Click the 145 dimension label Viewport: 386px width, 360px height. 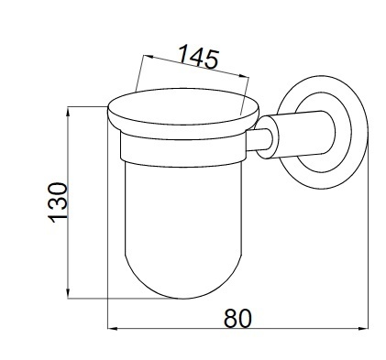click(x=198, y=56)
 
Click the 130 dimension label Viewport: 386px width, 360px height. click(x=58, y=202)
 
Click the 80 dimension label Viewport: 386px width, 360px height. click(x=237, y=318)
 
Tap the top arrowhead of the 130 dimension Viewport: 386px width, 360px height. click(x=68, y=111)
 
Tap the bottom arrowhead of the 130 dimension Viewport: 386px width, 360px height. click(x=68, y=294)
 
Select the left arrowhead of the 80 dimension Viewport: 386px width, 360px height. click(x=113, y=329)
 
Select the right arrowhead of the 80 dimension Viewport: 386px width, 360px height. click(x=363, y=329)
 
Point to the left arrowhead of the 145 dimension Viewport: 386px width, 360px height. click(x=148, y=57)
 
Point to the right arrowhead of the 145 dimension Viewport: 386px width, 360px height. click(x=245, y=76)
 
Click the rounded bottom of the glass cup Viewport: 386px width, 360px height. click(x=183, y=284)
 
